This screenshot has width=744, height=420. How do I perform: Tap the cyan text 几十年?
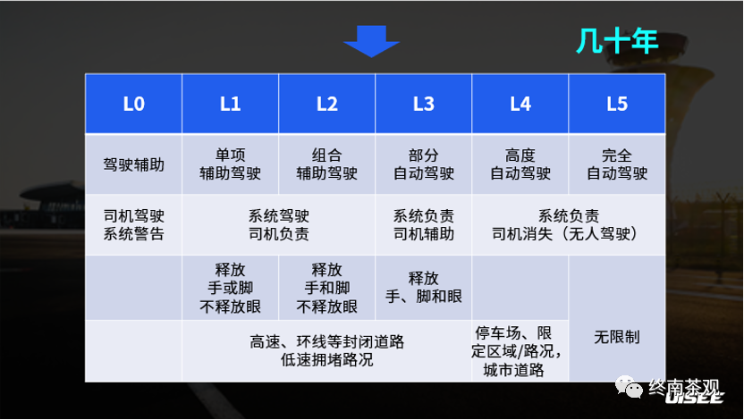tap(617, 41)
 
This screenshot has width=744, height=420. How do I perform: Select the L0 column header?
tap(133, 104)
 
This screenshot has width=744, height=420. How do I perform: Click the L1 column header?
tap(230, 104)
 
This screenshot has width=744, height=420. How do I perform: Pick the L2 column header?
tap(326, 104)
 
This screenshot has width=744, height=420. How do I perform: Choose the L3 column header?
tap(423, 104)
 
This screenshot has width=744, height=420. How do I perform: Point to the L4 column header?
tap(520, 104)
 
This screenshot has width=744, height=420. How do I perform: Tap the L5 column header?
tap(616, 104)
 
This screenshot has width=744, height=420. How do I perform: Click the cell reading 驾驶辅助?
tap(133, 164)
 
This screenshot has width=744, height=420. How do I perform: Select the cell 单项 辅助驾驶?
tap(230, 164)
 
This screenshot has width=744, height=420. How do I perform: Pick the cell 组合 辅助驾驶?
tap(326, 164)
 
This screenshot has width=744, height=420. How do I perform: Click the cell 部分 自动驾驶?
tap(423, 164)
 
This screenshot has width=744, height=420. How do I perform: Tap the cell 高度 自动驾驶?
tap(520, 164)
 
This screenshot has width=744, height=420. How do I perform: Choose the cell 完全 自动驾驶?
tap(616, 164)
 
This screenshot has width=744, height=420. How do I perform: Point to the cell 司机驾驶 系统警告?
tap(133, 225)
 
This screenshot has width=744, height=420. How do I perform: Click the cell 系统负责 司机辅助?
tap(423, 225)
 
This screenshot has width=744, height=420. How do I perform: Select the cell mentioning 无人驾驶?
tap(568, 225)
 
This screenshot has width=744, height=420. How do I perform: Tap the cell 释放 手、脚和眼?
tap(423, 288)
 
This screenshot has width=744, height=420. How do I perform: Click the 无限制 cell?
tap(616, 338)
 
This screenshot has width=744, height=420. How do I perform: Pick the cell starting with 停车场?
tap(520, 350)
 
